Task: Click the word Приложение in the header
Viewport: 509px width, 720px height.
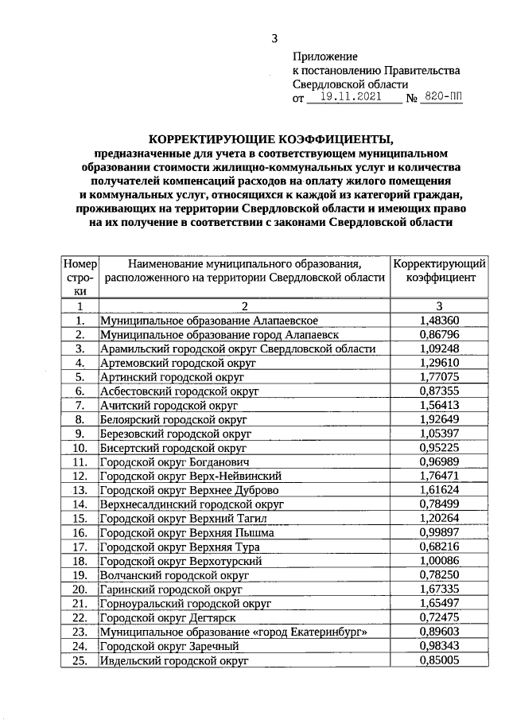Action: coord(325,56)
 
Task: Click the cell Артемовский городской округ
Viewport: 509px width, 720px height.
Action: coord(177,363)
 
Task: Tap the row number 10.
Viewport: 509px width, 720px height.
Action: coord(80,448)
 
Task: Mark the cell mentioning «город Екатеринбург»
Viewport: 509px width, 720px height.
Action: coord(233,632)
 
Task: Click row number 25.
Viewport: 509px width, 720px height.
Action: coord(80,660)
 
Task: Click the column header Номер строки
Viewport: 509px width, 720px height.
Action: coord(80,277)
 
